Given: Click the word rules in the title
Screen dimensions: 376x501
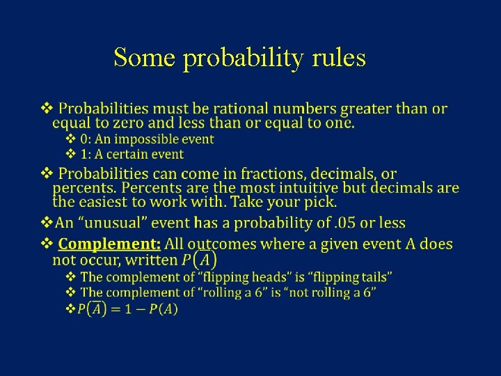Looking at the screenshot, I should (x=339, y=58).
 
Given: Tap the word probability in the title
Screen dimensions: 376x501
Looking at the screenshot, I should (x=244, y=59).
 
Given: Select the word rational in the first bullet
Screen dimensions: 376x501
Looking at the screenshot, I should (x=240, y=109).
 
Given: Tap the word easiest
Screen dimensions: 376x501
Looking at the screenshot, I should (x=107, y=203).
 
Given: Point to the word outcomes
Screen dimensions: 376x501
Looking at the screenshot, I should (x=221, y=244).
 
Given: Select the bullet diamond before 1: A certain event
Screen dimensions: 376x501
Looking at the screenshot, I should (x=70, y=155).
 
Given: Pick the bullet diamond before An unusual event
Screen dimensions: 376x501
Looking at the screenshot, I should (x=47, y=223).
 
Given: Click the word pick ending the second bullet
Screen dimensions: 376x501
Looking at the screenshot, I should (x=319, y=203).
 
